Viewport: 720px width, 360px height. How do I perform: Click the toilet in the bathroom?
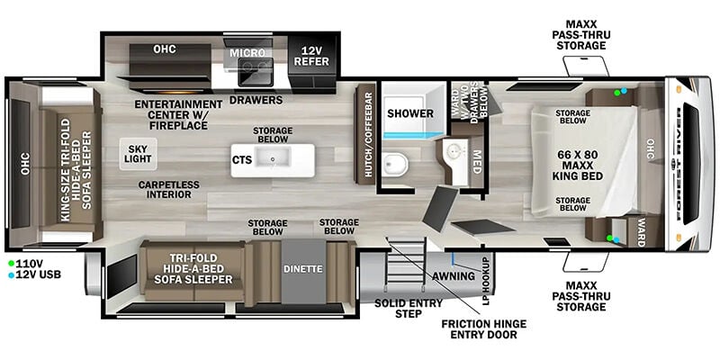[396, 165]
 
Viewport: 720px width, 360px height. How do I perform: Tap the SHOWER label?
[410, 113]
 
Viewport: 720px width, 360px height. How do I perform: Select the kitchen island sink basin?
[273, 158]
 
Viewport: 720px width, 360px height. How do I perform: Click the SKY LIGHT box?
[139, 154]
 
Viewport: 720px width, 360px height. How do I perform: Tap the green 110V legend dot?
[11, 264]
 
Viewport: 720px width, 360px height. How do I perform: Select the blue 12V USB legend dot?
[11, 275]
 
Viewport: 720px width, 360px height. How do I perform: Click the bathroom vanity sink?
[454, 150]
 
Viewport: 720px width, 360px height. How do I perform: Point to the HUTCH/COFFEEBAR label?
[368, 134]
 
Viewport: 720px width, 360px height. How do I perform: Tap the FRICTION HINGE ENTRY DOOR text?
[483, 329]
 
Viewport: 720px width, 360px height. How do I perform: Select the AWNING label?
[454, 276]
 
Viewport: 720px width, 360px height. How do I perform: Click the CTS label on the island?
[242, 160]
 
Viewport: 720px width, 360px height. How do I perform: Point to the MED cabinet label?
[476, 162]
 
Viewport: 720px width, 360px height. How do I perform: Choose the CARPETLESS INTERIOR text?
[169, 190]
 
